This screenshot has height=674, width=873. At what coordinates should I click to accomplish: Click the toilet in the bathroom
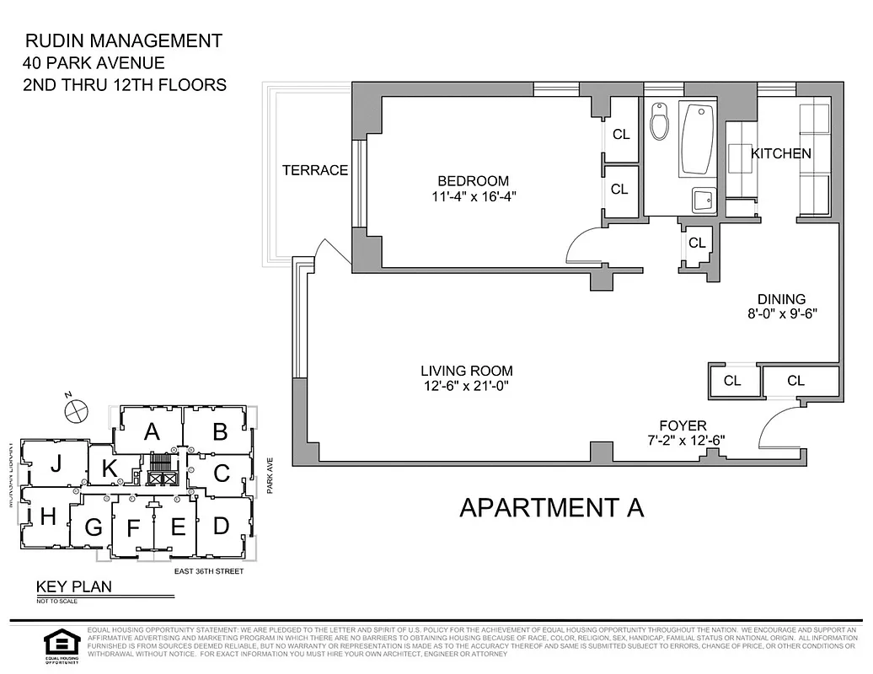pos(660,123)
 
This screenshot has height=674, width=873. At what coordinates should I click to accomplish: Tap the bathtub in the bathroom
pos(697,138)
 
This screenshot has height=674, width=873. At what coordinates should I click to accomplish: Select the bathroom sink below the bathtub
pos(703,200)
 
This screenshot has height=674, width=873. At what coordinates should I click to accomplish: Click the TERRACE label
pos(314,170)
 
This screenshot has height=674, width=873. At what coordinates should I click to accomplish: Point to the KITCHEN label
pos(781,153)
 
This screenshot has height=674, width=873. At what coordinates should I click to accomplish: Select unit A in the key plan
pos(151,431)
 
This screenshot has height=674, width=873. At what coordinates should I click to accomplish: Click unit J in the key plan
pos(56,463)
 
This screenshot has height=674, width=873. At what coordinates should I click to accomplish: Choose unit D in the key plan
pos(221,526)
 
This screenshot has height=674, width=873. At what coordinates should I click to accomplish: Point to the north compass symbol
pos(76,409)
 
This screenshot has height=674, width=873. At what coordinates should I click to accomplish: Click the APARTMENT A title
pos(551,507)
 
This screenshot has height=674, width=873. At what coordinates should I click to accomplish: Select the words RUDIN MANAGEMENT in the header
pos(124,40)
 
